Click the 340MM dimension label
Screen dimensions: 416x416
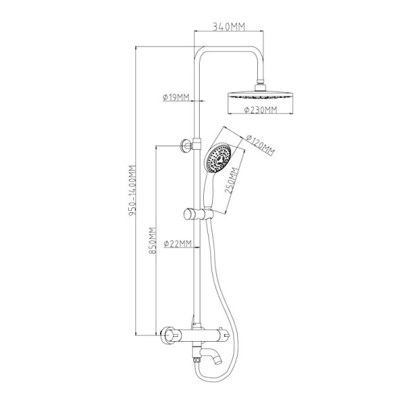(x=229, y=26)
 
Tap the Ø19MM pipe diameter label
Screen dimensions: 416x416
(x=176, y=97)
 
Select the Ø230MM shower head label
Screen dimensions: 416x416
(x=261, y=110)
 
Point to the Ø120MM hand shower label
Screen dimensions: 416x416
(x=260, y=145)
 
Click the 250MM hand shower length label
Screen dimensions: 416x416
(x=232, y=180)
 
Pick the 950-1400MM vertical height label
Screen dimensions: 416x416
(x=132, y=190)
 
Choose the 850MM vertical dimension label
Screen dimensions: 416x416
(x=152, y=241)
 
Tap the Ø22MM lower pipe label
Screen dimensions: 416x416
(x=177, y=243)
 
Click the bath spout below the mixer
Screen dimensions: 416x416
(x=211, y=355)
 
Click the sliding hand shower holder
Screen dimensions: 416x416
(x=198, y=214)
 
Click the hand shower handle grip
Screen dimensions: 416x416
(x=209, y=189)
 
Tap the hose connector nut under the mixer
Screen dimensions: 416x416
(x=197, y=360)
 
